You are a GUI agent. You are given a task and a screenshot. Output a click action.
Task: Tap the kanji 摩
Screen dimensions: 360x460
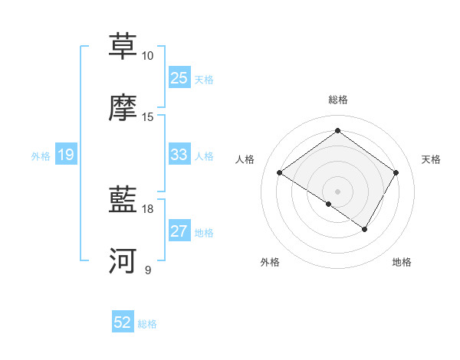pos(123,108)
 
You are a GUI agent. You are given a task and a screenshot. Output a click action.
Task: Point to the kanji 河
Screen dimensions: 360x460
pos(123,261)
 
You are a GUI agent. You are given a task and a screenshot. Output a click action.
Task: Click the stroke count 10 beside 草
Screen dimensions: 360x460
pos(148,56)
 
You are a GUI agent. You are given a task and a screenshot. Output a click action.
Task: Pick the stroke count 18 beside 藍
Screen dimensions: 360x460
pos(148,208)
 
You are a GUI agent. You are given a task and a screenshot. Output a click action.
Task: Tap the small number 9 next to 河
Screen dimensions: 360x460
pos(148,270)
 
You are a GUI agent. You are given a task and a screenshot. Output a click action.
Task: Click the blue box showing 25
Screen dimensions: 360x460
pos(179,78)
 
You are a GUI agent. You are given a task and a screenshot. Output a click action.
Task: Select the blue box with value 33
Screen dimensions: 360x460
pos(179,155)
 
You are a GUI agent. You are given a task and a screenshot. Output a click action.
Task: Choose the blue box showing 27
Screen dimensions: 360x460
pos(179,231)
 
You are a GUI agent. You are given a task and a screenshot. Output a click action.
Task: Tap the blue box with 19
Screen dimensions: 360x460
pos(66,155)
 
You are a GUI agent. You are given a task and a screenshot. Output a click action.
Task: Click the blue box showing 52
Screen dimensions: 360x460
pos(123,322)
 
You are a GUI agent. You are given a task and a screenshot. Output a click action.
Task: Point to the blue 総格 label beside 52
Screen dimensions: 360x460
pos(147,324)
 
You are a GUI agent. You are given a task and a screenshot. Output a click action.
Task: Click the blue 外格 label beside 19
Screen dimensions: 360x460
pos(41,156)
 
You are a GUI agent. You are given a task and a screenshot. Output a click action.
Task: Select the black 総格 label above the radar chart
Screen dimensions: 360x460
pos(338,100)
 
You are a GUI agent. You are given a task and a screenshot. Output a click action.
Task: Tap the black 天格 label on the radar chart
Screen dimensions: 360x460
pos(432,159)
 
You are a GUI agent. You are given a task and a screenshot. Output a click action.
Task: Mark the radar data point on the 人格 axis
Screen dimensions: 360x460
pos(280,173)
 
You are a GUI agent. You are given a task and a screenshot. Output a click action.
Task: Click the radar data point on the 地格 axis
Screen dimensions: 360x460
pos(365,229)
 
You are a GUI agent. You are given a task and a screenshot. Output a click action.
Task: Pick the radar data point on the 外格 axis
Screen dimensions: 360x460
pos(329,204)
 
